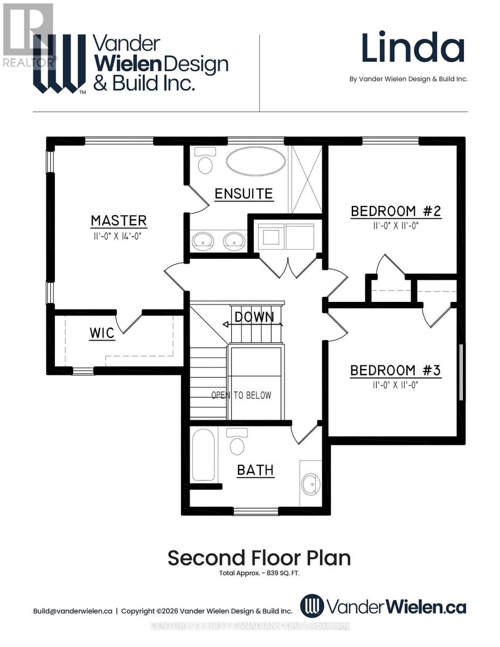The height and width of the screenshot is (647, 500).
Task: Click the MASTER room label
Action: point(119,221)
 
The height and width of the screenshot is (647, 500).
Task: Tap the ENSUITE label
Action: point(244,194)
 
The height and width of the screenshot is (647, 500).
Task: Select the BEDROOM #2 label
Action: point(396,211)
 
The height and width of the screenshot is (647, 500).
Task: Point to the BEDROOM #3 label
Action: point(395,370)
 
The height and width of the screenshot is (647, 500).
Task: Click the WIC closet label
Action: point(102,333)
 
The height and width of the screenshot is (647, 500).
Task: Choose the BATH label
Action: point(255,470)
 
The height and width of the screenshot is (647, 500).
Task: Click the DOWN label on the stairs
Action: point(254,318)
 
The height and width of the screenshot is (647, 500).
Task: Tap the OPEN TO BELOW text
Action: point(241,395)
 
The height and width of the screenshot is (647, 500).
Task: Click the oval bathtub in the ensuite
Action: point(255,161)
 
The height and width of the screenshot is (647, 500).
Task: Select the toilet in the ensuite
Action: point(205,161)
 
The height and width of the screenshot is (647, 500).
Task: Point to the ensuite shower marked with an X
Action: point(305,179)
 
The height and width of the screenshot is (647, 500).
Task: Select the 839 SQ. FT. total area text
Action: point(283,573)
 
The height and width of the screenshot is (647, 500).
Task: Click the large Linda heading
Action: point(413,48)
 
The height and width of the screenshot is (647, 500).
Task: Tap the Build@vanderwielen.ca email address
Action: point(73,611)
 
